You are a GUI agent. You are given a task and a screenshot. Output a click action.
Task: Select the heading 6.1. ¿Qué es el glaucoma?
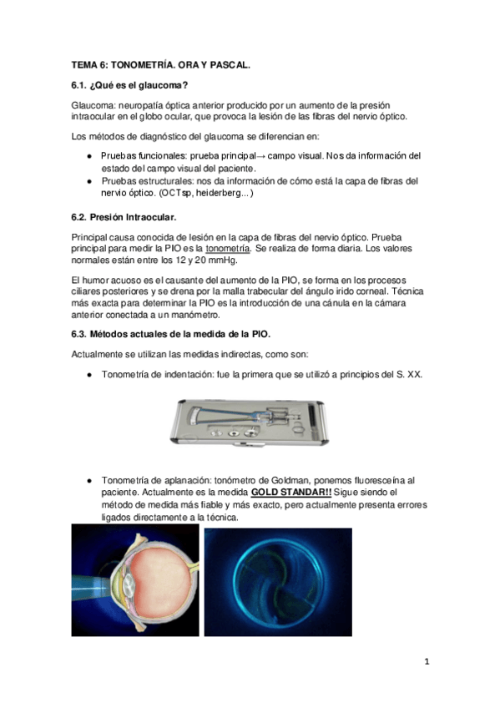(x=129, y=85)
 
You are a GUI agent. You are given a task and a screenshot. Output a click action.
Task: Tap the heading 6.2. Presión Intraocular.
(x=124, y=217)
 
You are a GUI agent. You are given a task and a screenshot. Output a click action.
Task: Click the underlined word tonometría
(x=227, y=248)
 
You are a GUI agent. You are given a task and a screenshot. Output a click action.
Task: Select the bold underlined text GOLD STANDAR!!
(x=291, y=492)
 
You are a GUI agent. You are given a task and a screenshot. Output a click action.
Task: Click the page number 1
(x=427, y=661)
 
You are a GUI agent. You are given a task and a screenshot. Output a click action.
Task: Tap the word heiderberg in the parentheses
(x=215, y=193)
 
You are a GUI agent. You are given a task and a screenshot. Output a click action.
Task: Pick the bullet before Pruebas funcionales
(x=90, y=156)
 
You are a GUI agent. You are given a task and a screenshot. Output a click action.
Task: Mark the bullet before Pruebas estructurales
(x=90, y=181)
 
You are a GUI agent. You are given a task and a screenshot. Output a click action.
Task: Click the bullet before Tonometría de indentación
(x=90, y=375)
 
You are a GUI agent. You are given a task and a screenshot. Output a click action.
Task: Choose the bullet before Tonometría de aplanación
(x=90, y=480)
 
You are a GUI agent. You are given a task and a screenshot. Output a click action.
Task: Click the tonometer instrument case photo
(x=249, y=422)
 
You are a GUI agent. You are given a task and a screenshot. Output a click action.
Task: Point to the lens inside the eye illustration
(x=129, y=585)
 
